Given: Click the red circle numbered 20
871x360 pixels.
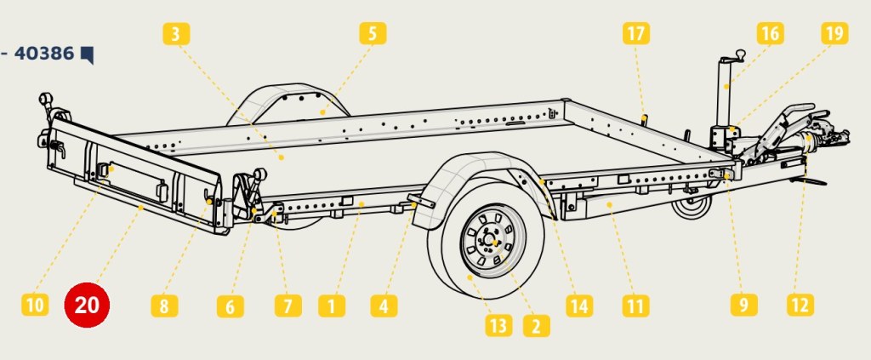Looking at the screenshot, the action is pyautogui.click(x=88, y=305).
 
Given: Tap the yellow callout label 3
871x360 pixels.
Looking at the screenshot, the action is pyautogui.click(x=176, y=34).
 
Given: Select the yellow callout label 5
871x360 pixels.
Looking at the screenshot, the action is pyautogui.click(x=373, y=33).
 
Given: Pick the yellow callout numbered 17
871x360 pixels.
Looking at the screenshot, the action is pyautogui.click(x=636, y=33).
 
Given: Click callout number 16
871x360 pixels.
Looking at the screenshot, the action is pyautogui.click(x=770, y=33).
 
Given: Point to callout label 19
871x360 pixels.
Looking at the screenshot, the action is pyautogui.click(x=834, y=33).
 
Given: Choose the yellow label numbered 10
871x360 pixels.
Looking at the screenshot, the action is pyautogui.click(x=35, y=305).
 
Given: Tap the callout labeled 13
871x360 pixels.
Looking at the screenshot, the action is pyautogui.click(x=498, y=326).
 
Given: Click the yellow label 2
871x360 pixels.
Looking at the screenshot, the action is pyautogui.click(x=537, y=326).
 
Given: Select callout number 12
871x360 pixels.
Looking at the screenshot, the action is pyautogui.click(x=800, y=305).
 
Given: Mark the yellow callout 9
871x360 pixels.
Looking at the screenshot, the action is pyautogui.click(x=743, y=305).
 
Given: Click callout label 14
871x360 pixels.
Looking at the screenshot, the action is pyautogui.click(x=579, y=306).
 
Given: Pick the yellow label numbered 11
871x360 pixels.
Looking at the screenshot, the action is pyautogui.click(x=636, y=306).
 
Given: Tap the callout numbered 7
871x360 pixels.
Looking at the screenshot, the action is pyautogui.click(x=288, y=306).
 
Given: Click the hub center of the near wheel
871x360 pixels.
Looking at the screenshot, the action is pyautogui.click(x=493, y=241).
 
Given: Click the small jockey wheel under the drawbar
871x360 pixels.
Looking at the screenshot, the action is pyautogui.click(x=692, y=207).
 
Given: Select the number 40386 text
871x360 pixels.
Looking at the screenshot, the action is pyautogui.click(x=44, y=54).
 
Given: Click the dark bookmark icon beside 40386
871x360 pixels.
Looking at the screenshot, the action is pyautogui.click(x=88, y=55).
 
